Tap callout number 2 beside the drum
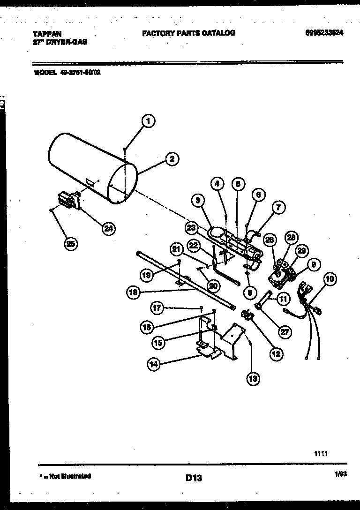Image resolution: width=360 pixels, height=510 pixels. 172,159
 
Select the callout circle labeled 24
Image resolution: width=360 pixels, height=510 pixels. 108,228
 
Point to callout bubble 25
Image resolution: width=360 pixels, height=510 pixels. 71,243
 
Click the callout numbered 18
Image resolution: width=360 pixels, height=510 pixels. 134,292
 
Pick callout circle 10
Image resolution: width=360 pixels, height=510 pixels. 330,279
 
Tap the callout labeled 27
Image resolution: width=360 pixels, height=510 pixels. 284,332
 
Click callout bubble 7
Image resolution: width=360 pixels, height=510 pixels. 278,207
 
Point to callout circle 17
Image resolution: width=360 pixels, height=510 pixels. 157,307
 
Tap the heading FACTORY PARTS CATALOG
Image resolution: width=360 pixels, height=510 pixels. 188,33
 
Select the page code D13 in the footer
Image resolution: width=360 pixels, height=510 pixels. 193,478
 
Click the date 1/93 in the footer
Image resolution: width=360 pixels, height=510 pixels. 340,476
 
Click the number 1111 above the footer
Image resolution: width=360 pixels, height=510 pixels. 321,454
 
